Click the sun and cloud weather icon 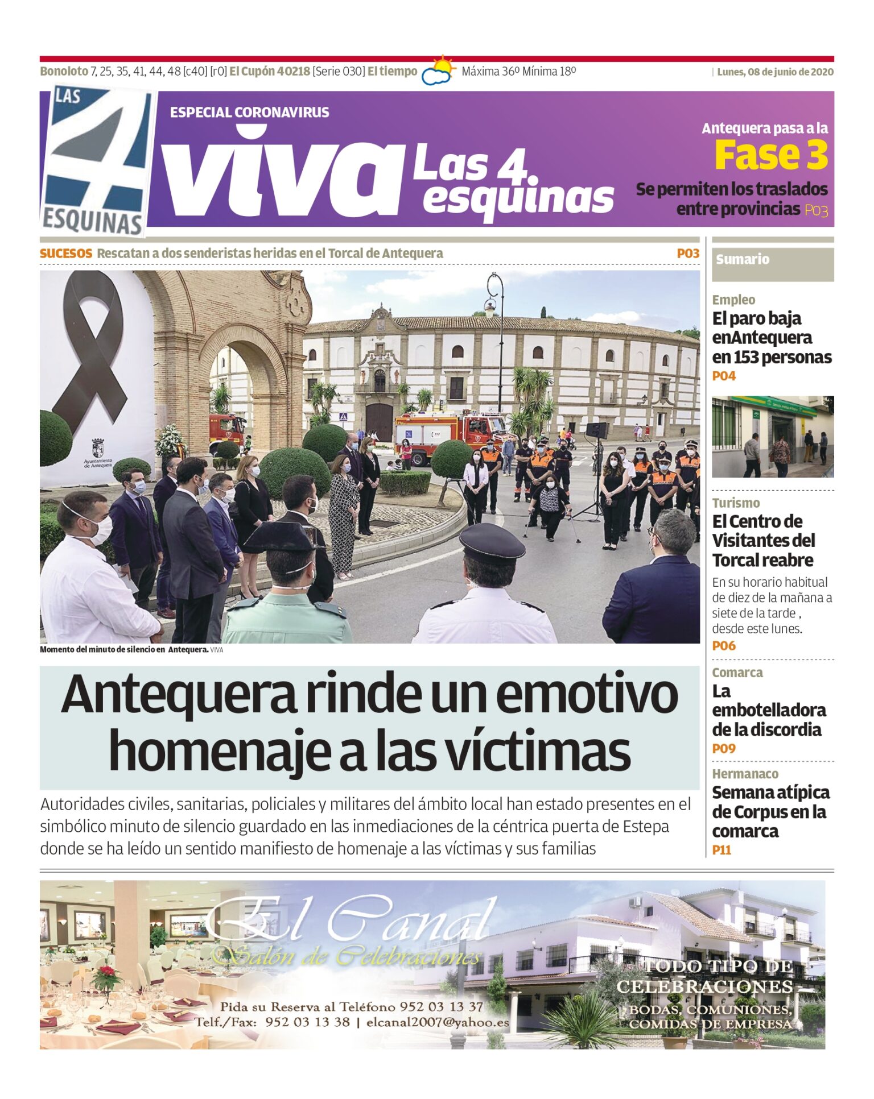[x=438, y=70]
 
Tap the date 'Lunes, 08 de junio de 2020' [x=774, y=72]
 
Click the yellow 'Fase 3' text [x=771, y=155]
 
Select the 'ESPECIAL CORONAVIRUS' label [x=249, y=113]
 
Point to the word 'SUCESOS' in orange [x=66, y=254]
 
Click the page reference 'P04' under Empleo [x=724, y=376]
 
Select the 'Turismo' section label [x=736, y=503]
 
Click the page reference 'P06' [x=724, y=646]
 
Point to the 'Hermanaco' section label [x=745, y=774]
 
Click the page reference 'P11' [x=722, y=850]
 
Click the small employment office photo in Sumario [x=772, y=436]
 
